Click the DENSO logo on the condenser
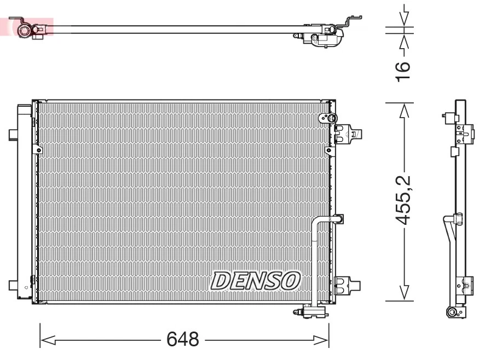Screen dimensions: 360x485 coord(256,280)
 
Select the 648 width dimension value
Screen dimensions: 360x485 coord(183,340)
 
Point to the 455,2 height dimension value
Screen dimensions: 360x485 coord(403,200)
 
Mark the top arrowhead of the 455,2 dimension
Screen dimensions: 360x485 coord(404,110)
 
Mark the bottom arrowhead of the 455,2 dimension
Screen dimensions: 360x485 coord(404,293)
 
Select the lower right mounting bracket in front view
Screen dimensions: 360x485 coord(347,284)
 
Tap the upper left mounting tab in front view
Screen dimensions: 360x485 coord(13,134)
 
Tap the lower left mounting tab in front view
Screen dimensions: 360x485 coord(13,285)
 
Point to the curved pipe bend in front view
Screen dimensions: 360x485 coord(317,222)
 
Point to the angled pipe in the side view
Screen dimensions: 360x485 coord(449,230)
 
